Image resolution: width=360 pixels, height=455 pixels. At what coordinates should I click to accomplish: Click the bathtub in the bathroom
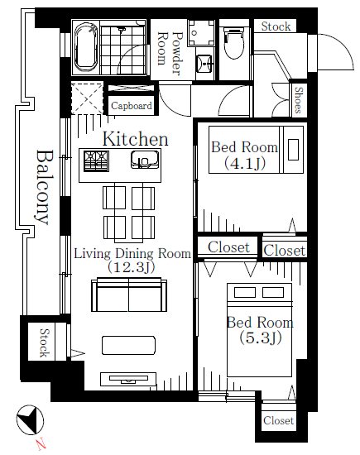tap(85, 47)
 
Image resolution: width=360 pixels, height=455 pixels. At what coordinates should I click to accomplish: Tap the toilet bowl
tap(234, 43)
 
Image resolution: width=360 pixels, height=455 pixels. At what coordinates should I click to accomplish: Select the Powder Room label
tap(170, 52)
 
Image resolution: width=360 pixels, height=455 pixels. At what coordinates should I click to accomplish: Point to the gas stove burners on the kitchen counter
tap(96, 160)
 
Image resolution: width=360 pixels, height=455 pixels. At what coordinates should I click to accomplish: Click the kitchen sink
tap(145, 160)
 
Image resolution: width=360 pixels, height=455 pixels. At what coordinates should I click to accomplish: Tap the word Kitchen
tap(135, 139)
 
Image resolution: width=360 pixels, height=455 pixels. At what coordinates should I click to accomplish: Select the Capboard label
tap(132, 106)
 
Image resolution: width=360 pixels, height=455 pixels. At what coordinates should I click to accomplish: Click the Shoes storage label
tap(299, 100)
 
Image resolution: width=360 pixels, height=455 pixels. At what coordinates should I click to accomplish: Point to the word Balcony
tap(44, 187)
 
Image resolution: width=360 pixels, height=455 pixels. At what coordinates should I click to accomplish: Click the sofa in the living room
tap(129, 295)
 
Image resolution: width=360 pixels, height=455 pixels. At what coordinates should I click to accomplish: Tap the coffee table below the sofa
tap(128, 345)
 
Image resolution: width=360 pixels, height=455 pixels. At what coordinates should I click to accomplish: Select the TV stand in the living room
tap(128, 379)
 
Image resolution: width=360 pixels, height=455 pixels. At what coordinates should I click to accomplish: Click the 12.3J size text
tap(132, 267)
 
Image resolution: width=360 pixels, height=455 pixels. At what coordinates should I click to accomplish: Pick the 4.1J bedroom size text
tap(245, 163)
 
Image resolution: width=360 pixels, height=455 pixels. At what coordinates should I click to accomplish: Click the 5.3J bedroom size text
tap(261, 338)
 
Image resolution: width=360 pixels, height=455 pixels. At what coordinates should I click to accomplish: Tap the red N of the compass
tap(41, 443)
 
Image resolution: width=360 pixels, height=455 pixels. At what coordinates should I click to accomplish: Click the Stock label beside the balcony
tap(45, 342)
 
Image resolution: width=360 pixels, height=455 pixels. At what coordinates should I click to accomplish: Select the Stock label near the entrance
tap(276, 26)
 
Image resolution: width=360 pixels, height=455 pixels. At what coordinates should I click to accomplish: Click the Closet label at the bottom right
tap(278, 420)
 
